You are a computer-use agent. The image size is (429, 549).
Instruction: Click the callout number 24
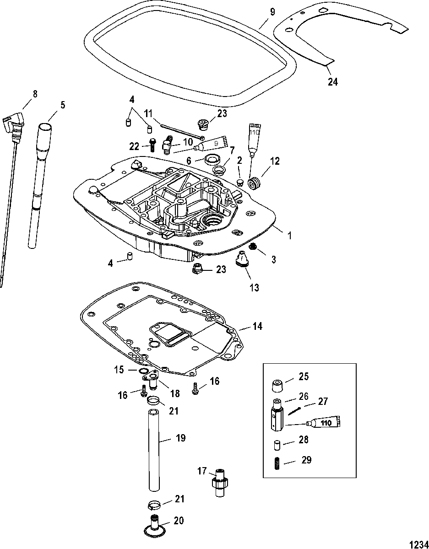[332, 81]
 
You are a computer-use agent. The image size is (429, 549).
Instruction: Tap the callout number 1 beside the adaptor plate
[290, 236]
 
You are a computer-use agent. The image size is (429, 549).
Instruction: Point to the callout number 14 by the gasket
[257, 326]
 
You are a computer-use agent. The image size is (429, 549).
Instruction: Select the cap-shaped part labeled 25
[277, 385]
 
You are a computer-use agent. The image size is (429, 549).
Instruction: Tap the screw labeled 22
[152, 145]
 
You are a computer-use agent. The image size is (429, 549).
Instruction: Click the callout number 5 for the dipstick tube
[62, 105]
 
